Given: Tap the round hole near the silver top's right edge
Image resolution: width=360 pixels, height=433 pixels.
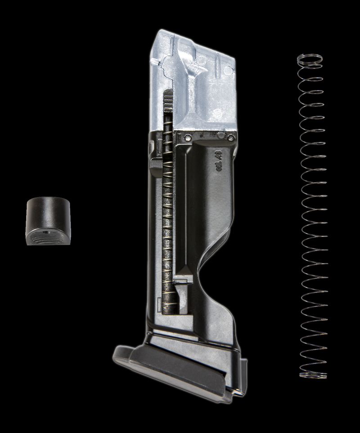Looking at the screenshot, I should tap(229, 69).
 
